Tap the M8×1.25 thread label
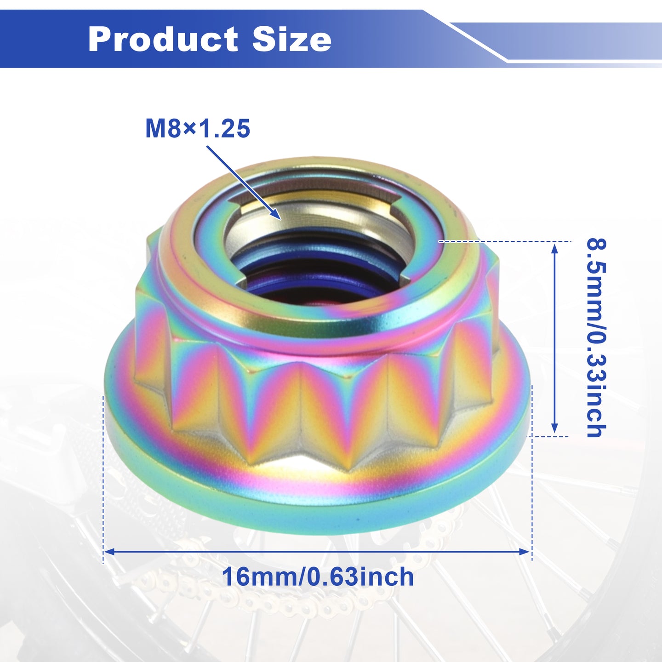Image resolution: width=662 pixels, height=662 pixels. [198, 129]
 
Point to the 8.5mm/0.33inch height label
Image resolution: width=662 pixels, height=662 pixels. [596, 338]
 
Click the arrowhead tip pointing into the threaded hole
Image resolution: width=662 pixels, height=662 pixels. [281, 219]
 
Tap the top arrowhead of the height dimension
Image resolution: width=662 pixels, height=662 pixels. [554, 243]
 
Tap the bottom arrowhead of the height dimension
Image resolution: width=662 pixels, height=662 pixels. [554, 434]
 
